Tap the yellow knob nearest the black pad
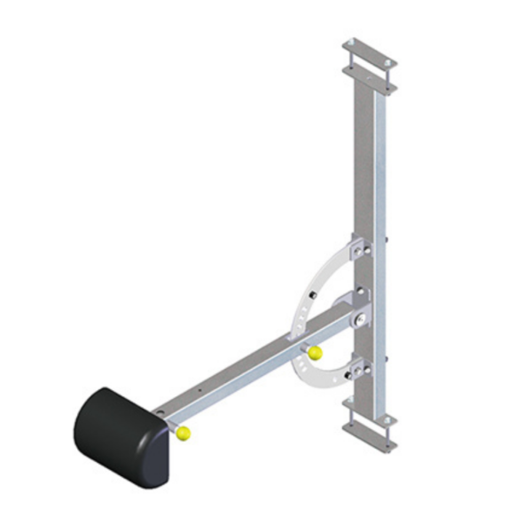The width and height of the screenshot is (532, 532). tap(183, 433)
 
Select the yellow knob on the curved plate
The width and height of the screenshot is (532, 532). tap(315, 353)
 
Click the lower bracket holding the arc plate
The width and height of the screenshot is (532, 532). tap(359, 366)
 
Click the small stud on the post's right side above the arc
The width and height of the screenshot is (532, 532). tap(390, 239)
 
